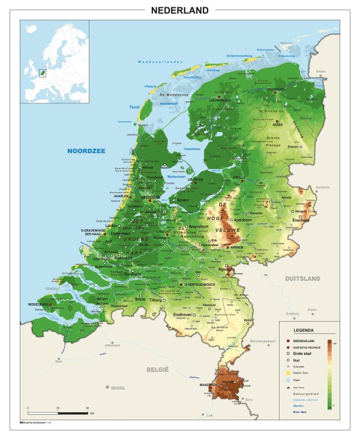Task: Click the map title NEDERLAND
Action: click(180, 10)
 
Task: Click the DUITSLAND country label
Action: click(302, 279)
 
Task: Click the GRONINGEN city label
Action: click(275, 89)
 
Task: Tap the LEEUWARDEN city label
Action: click(220, 100)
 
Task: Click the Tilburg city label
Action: click(156, 300)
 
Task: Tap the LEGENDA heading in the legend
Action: click(303, 331)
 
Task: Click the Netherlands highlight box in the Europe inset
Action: click(42, 73)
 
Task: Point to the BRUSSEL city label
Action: click(120, 387)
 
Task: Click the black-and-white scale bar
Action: click(58, 414)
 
